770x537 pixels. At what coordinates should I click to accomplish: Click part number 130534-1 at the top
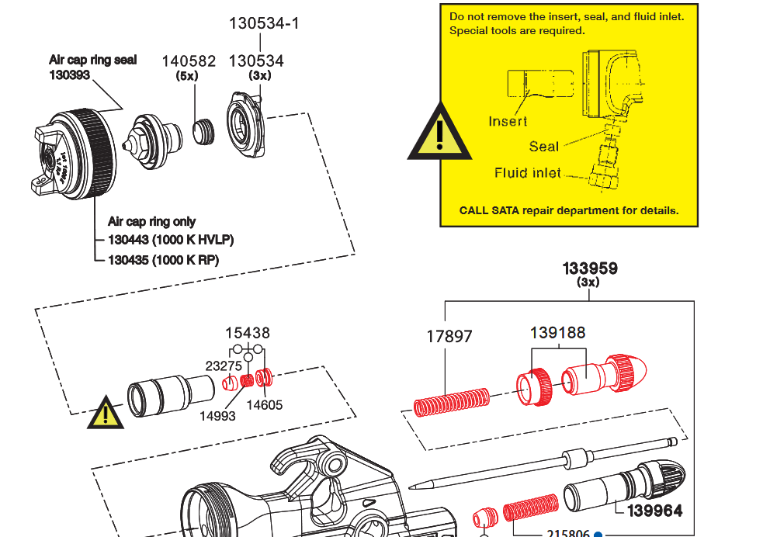(x=264, y=23)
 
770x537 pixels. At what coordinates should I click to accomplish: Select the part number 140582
(x=189, y=61)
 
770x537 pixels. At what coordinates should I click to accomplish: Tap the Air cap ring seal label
(x=92, y=60)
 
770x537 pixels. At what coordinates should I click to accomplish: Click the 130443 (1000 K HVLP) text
(x=171, y=240)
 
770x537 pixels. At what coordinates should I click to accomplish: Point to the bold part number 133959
(x=589, y=268)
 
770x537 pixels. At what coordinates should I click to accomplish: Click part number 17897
(x=449, y=337)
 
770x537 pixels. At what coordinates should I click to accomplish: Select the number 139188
(x=557, y=333)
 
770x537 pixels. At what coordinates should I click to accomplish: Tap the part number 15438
(x=248, y=333)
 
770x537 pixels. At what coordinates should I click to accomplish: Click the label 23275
(x=223, y=366)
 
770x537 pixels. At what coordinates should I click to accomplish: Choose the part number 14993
(x=217, y=416)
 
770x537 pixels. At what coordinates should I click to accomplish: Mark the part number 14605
(x=265, y=405)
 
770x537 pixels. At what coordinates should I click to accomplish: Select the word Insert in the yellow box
(x=508, y=121)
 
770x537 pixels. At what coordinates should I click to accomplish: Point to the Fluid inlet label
(x=527, y=173)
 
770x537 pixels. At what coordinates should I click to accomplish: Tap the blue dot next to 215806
(x=598, y=534)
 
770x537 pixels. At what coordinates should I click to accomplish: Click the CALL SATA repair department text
(x=569, y=210)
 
